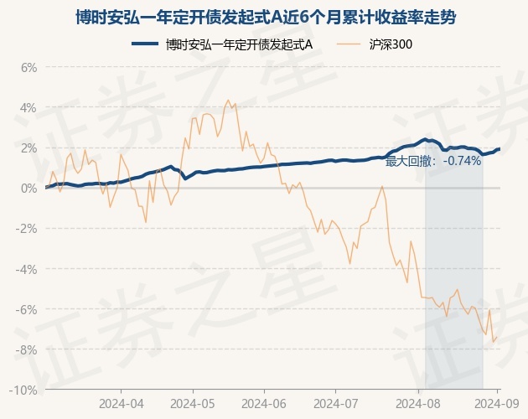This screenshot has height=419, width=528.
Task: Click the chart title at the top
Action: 264,17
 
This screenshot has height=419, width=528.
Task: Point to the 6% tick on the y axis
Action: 29,67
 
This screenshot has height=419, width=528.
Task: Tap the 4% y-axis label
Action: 29,107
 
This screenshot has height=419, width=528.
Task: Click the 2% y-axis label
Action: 29,147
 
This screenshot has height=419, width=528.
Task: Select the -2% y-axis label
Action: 28,229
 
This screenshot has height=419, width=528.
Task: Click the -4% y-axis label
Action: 28,269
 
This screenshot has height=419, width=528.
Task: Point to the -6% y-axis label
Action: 28,309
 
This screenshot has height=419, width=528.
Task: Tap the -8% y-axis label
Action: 28,349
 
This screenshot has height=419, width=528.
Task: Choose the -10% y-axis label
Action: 25,390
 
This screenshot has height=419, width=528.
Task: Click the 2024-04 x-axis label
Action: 122,403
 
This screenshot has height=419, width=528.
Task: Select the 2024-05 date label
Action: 193,403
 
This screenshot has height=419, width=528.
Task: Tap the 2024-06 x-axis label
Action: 264,403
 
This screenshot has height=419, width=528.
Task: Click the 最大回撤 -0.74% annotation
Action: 433,161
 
